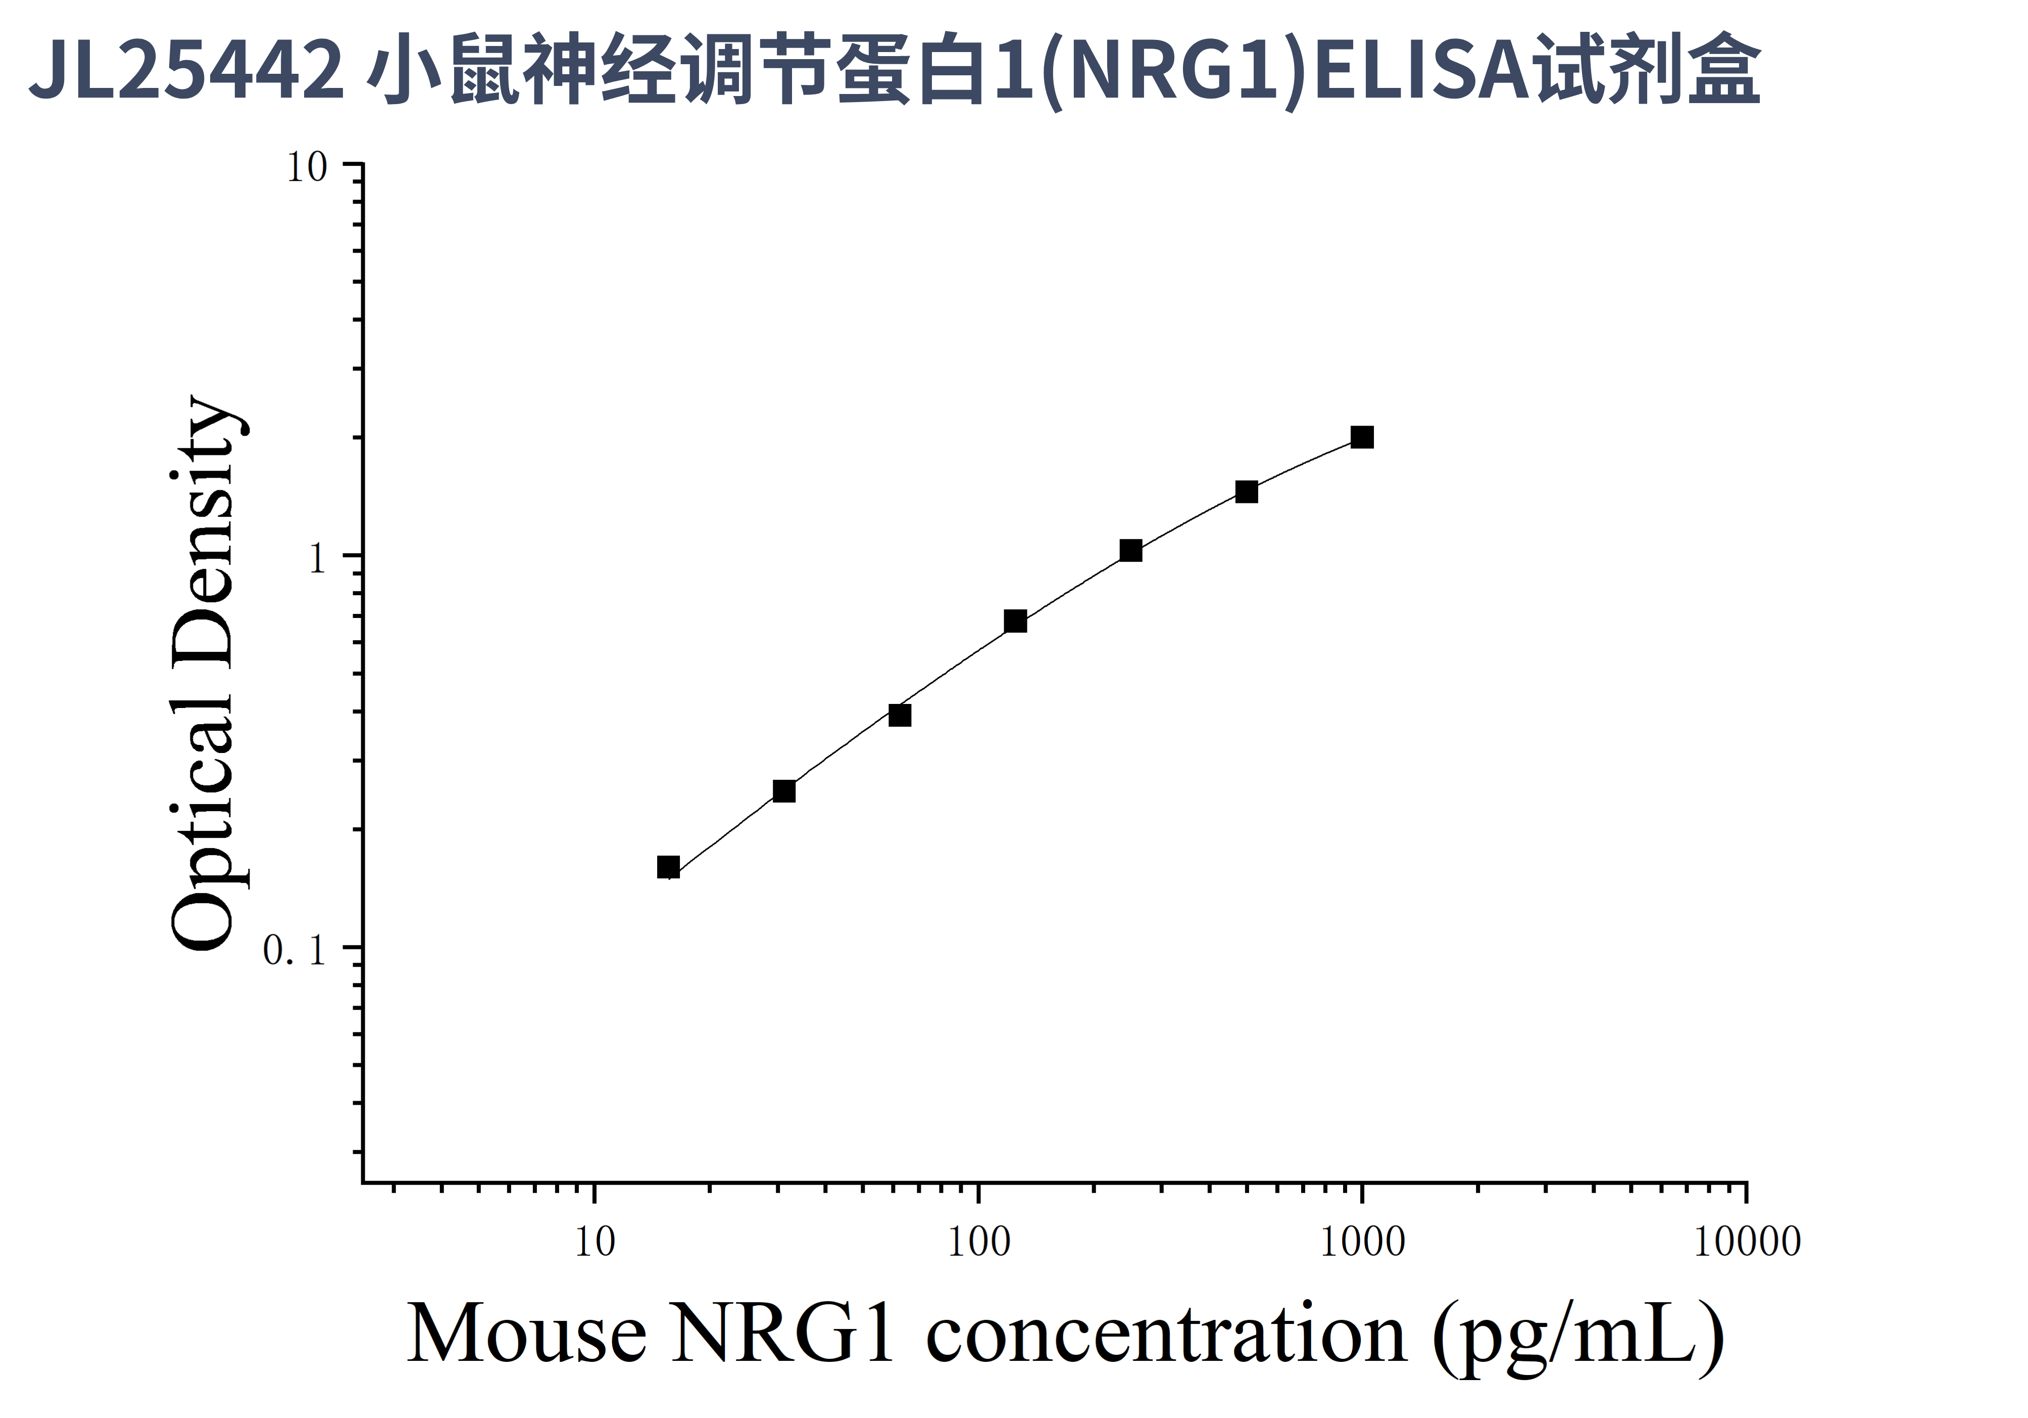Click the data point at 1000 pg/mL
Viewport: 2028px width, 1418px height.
pyautogui.click(x=1362, y=437)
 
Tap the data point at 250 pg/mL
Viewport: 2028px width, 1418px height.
pyautogui.click(x=1130, y=550)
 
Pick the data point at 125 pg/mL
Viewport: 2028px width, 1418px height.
pyautogui.click(x=1016, y=621)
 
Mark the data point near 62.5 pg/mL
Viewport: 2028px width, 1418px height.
pyautogui.click(x=899, y=715)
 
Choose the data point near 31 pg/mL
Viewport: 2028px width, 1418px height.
pyautogui.click(x=783, y=791)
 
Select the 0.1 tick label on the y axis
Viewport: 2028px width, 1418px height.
pyautogui.click(x=294, y=951)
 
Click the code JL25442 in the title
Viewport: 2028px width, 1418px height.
pyautogui.click(x=185, y=69)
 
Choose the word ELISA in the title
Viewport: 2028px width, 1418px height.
pyautogui.click(x=1422, y=69)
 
